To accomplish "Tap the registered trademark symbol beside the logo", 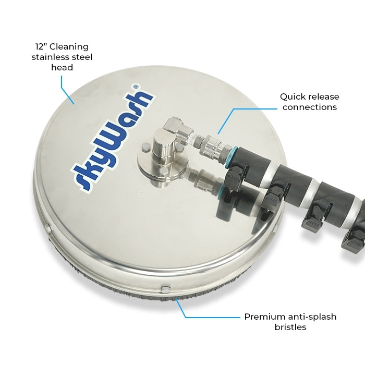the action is pyautogui.click(x=137, y=87).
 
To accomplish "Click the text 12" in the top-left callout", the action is pyautogui.click(x=41, y=46).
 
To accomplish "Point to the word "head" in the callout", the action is pyautogui.click(x=62, y=67).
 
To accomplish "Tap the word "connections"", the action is pyautogui.click(x=310, y=107).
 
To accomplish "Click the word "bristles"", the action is pyautogui.click(x=290, y=327).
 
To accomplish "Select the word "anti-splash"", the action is pyautogui.click(x=312, y=317).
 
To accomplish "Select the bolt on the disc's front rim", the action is pyautogui.click(x=166, y=288).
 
